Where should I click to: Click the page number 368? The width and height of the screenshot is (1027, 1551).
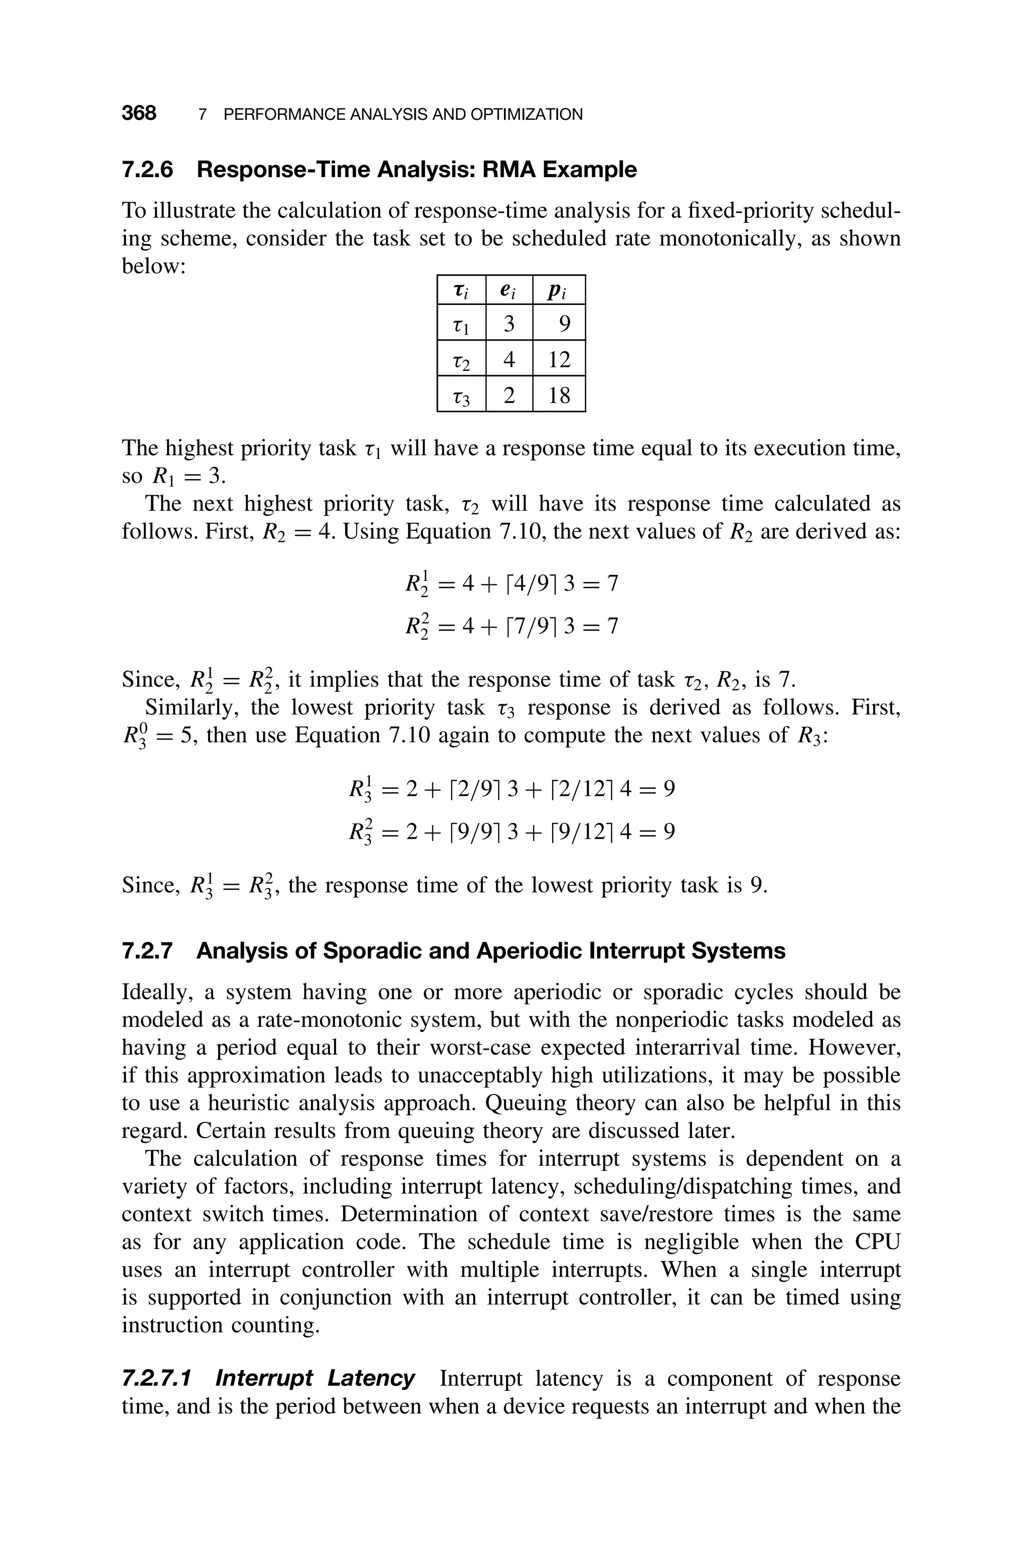[139, 113]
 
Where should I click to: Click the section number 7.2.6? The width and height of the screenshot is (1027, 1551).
[148, 170]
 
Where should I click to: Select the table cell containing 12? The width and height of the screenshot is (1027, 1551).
[559, 359]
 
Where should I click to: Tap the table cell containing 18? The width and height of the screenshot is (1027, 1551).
[559, 395]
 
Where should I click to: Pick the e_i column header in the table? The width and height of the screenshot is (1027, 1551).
[508, 290]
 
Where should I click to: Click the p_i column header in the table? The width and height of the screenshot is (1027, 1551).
[558, 290]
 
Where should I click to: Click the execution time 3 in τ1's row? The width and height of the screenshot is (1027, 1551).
[509, 324]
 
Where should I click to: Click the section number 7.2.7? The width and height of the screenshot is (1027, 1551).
[148, 951]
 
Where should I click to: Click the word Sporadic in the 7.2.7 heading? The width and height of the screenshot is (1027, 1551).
[372, 951]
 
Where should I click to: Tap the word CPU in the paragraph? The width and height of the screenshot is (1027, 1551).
[877, 1242]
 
